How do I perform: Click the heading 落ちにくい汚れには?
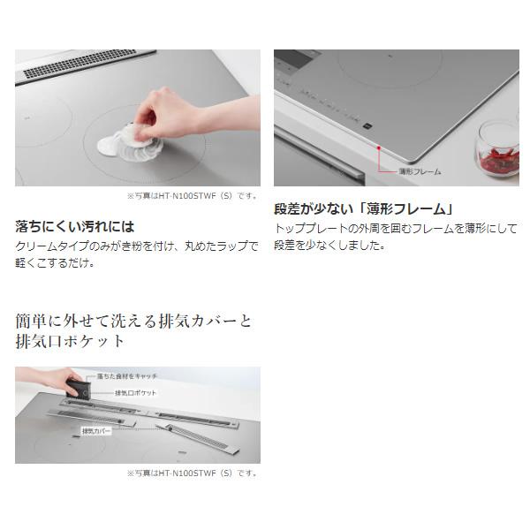[x=75, y=226]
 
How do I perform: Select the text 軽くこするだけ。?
[x=55, y=262]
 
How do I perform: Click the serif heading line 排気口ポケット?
[x=70, y=340]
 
